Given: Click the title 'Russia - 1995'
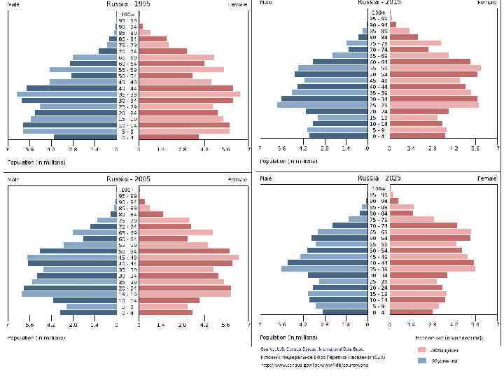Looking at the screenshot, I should pyautogui.click(x=127, y=4).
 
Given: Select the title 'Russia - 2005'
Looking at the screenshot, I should pyautogui.click(x=127, y=179).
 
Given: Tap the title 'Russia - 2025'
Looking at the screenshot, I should pyautogui.click(x=378, y=178).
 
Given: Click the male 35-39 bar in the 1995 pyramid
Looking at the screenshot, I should pyautogui.click(x=66, y=94).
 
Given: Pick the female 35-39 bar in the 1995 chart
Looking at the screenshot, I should pyautogui.click(x=189, y=94).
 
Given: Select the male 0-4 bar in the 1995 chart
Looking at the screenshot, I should pyautogui.click(x=85, y=137).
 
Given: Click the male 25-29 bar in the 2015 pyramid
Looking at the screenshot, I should pyautogui.click(x=322, y=105).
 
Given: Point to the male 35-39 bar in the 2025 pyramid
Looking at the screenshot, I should pyautogui.click(x=324, y=269).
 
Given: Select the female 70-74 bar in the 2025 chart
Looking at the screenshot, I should pyautogui.click(x=423, y=225).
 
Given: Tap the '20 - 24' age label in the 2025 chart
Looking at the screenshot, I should pyautogui.click(x=378, y=287).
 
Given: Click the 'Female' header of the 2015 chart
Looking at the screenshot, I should pyautogui.click(x=486, y=3).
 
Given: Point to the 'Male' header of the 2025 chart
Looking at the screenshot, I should pyautogui.click(x=266, y=178).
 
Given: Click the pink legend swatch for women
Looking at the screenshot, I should pyautogui.click(x=421, y=349).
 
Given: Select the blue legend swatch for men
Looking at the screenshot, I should pyautogui.click(x=421, y=360).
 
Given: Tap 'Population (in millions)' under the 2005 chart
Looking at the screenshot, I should pyautogui.click(x=36, y=337).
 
